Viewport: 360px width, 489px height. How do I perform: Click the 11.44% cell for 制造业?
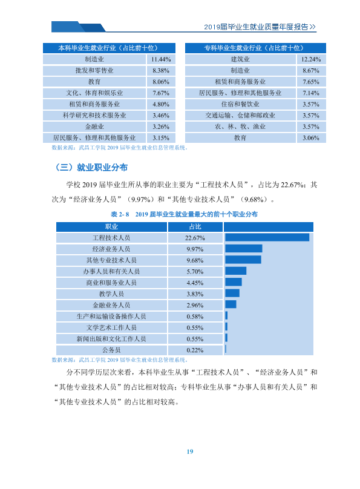coord(161,59)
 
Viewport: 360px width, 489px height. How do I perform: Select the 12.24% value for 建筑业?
coord(311,59)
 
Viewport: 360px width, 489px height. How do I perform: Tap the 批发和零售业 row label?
coord(94,70)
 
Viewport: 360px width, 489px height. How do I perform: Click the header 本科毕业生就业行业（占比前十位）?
coord(109,48)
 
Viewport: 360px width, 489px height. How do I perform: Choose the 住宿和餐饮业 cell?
coord(240,104)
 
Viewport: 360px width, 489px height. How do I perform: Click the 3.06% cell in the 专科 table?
coord(311,138)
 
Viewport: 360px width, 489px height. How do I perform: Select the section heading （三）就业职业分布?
coord(91,168)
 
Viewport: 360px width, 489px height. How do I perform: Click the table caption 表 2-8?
coord(120,214)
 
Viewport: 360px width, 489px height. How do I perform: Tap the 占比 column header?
coord(195,227)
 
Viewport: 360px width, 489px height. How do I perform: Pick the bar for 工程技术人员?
coord(267,238)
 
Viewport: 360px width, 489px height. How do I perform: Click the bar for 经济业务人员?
coord(243,249)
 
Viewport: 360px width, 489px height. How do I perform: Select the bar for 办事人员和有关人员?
coord(235,271)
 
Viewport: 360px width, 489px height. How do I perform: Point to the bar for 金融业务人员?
coord(231,304)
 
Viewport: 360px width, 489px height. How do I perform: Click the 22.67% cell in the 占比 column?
coord(195,238)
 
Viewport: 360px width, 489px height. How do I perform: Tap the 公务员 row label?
coord(111,350)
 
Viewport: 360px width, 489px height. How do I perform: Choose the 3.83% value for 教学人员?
coord(195,294)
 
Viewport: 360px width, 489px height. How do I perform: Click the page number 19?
coord(190,451)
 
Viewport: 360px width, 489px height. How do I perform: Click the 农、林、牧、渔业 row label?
coord(240,126)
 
